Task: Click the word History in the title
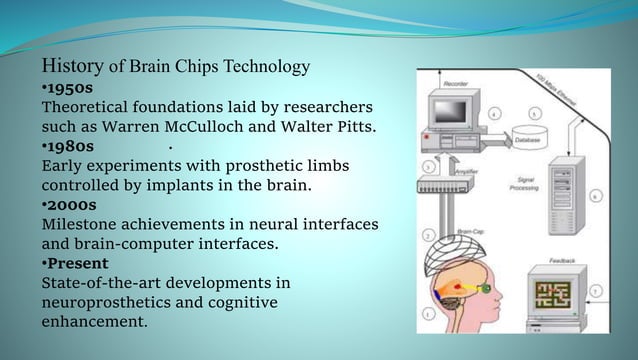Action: click(x=71, y=67)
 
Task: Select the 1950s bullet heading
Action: click(x=67, y=88)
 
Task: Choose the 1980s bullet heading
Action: click(x=68, y=146)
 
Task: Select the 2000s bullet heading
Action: click(x=68, y=204)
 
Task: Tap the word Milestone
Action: click(x=82, y=223)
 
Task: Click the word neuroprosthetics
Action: click(x=109, y=301)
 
